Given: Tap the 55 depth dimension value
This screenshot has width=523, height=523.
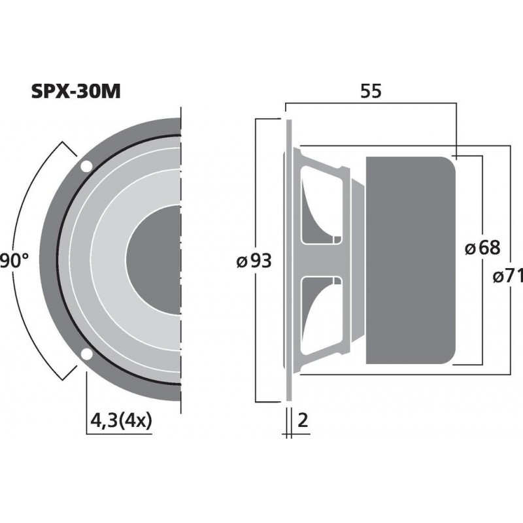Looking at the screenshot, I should click(370, 92).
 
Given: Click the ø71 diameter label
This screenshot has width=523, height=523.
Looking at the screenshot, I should click(508, 277).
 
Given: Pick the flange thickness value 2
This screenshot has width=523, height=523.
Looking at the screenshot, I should click(301, 420).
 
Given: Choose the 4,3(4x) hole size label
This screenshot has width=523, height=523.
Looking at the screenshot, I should click(122, 420).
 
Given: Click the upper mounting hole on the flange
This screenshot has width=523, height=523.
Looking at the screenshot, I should click(86, 167).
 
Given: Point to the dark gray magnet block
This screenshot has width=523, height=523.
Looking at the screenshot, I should click(409, 260).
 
